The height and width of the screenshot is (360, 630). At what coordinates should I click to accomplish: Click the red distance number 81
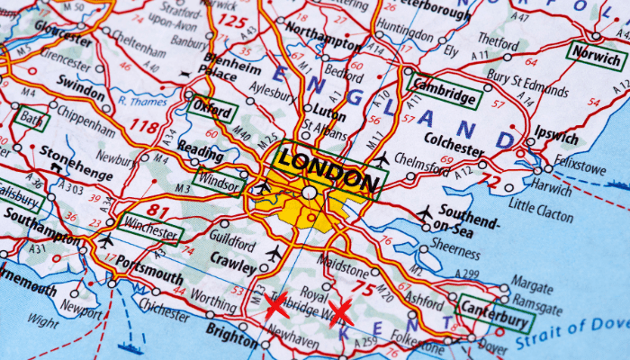point(158,211)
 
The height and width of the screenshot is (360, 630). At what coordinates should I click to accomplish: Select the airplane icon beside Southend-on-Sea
point(425,213)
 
